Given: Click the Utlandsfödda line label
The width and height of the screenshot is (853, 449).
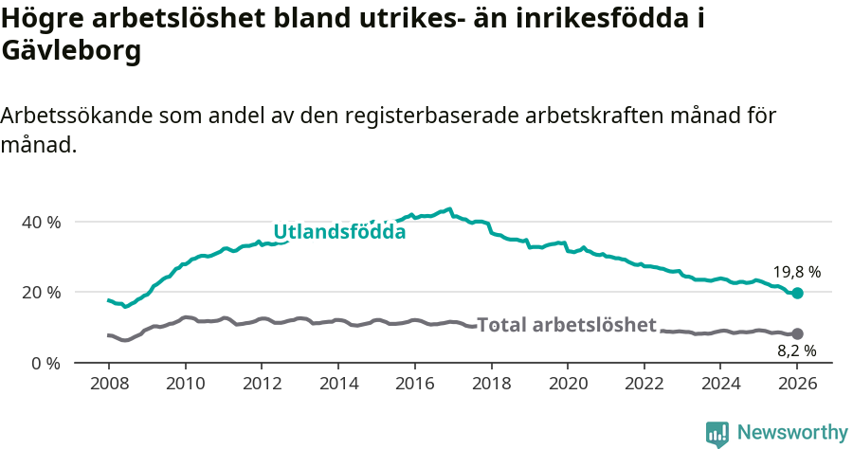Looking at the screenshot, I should [x=339, y=232].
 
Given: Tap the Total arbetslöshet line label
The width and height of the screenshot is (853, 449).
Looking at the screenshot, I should [x=566, y=325].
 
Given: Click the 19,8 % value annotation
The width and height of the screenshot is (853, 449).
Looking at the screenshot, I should [x=797, y=272].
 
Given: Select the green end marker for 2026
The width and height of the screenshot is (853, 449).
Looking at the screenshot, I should [x=797, y=294].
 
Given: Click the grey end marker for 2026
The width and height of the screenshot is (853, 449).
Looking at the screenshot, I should [x=797, y=333].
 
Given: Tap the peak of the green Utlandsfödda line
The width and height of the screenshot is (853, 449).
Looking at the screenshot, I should [x=449, y=208].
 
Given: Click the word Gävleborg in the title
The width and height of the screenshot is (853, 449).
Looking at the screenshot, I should [x=71, y=51].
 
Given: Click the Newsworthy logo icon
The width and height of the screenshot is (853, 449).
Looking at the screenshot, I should [x=717, y=434].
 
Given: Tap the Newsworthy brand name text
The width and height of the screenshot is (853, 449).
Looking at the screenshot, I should [x=791, y=433].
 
